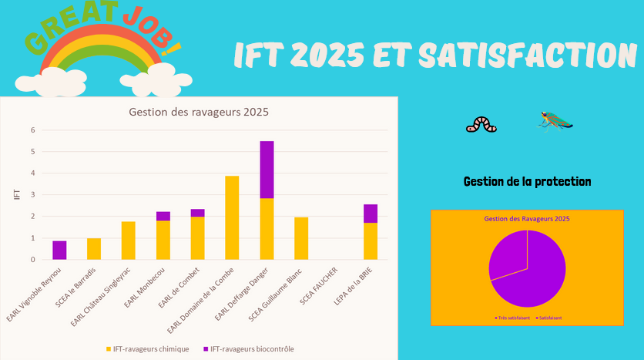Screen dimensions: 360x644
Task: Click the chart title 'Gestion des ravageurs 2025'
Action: point(198,113)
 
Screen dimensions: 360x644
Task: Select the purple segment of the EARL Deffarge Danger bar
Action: point(267,170)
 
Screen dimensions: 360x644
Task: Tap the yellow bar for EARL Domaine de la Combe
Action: point(232,217)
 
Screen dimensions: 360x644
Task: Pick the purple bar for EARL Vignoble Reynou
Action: point(59,250)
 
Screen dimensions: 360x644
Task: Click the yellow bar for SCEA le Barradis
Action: point(94,248)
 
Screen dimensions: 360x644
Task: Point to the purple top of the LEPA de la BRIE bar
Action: point(371,214)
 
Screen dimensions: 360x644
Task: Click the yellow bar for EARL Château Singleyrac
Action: point(129,241)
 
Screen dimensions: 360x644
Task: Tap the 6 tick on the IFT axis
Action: point(33,130)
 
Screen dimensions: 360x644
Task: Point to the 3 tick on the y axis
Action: point(33,195)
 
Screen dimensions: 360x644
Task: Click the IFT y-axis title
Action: point(17,194)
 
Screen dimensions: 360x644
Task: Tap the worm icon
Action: point(481,123)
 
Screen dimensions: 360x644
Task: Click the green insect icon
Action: point(555,120)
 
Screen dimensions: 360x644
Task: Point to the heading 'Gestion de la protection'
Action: point(528,182)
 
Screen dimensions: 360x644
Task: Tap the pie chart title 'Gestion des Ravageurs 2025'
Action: point(527,219)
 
